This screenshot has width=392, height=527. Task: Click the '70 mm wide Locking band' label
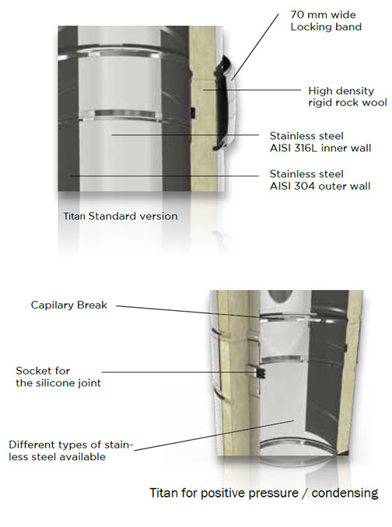(x=326, y=20)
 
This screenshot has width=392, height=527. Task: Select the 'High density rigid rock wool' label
(x=348, y=96)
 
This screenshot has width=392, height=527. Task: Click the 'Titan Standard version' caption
(x=121, y=216)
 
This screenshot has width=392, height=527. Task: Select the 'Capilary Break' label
(x=69, y=305)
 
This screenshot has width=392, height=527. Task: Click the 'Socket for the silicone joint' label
(x=58, y=377)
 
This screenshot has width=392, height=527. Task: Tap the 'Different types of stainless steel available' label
(x=71, y=451)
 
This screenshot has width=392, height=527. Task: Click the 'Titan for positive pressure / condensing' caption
(x=264, y=493)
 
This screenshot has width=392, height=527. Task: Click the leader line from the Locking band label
(x=255, y=47)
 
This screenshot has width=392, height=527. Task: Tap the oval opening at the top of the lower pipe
(x=280, y=298)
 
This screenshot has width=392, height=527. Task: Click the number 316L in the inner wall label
(x=308, y=148)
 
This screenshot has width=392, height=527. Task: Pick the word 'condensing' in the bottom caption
(x=345, y=494)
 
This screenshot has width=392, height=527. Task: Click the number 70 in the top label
(x=296, y=15)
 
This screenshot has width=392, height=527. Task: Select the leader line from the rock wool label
(x=252, y=89)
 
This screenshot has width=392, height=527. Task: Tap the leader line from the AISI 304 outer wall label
(x=165, y=176)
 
